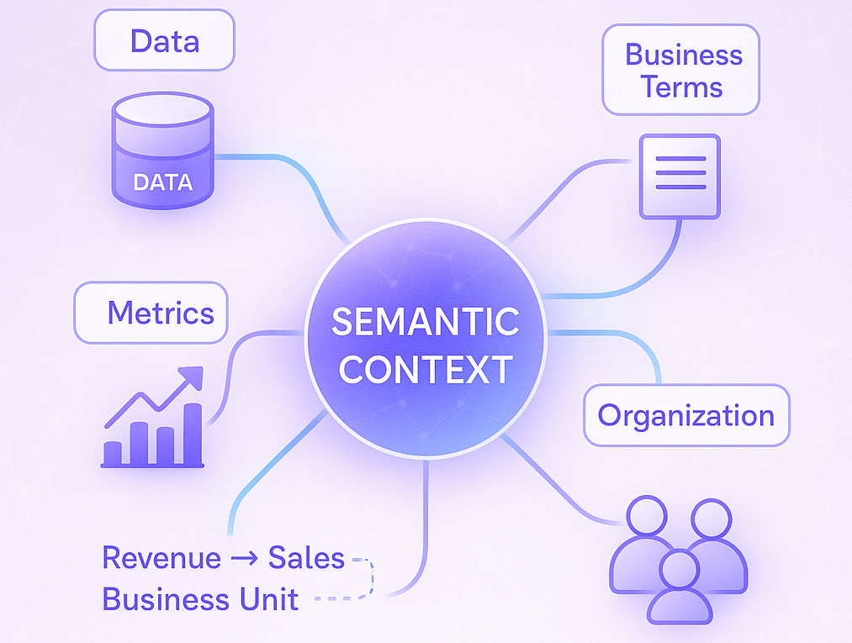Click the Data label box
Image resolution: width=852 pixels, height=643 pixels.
(x=164, y=40)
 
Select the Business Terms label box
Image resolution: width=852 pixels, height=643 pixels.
(x=680, y=70)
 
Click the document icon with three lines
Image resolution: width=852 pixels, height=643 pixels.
(x=680, y=176)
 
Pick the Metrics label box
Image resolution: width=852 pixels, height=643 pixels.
(x=151, y=313)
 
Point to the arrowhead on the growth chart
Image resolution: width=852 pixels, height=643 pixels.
(x=193, y=377)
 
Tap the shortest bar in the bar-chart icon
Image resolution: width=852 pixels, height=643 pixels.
(x=112, y=452)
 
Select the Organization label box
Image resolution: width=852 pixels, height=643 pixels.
(x=685, y=415)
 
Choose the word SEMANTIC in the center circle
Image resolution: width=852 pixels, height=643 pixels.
(x=425, y=321)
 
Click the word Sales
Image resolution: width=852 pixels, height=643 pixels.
(x=306, y=557)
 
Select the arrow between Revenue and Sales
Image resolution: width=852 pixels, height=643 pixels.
(x=245, y=558)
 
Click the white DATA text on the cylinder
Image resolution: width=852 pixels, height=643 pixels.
(x=162, y=182)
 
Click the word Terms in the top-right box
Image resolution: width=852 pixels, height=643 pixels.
(x=681, y=87)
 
